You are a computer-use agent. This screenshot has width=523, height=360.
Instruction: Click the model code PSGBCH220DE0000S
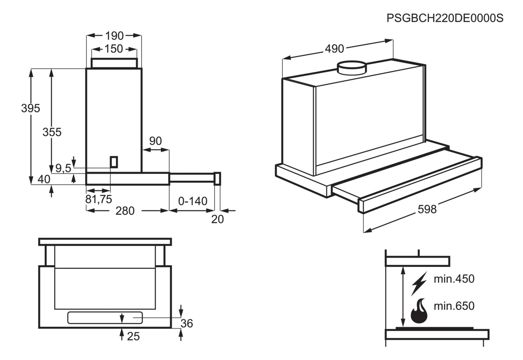point(444,18)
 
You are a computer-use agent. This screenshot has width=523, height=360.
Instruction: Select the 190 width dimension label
point(114,35)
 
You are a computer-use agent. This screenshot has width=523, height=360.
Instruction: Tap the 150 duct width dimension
point(114,48)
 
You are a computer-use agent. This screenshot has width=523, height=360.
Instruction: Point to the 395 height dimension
point(30,108)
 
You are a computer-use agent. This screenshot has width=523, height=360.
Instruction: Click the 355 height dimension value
point(52,132)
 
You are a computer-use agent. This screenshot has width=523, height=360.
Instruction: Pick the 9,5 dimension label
point(63,168)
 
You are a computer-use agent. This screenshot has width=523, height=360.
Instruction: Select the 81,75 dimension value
point(98,199)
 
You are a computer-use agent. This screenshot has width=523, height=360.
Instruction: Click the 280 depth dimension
point(125,211)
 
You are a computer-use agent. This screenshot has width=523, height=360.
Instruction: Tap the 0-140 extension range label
point(193,201)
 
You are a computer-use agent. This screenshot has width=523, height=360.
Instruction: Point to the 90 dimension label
point(155,141)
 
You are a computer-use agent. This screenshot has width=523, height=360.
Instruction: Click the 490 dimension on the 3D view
point(334,48)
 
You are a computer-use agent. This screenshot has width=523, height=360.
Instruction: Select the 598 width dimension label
point(427,209)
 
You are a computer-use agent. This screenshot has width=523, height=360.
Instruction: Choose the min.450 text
point(454,279)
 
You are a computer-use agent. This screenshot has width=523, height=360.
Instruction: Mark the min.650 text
point(454,306)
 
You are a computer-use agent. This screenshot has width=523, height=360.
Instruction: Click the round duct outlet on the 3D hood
point(352,68)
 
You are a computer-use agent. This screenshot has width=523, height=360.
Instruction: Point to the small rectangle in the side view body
point(114,162)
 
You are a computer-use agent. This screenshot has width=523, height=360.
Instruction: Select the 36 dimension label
point(187,323)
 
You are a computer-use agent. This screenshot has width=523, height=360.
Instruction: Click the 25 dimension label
point(133,336)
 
